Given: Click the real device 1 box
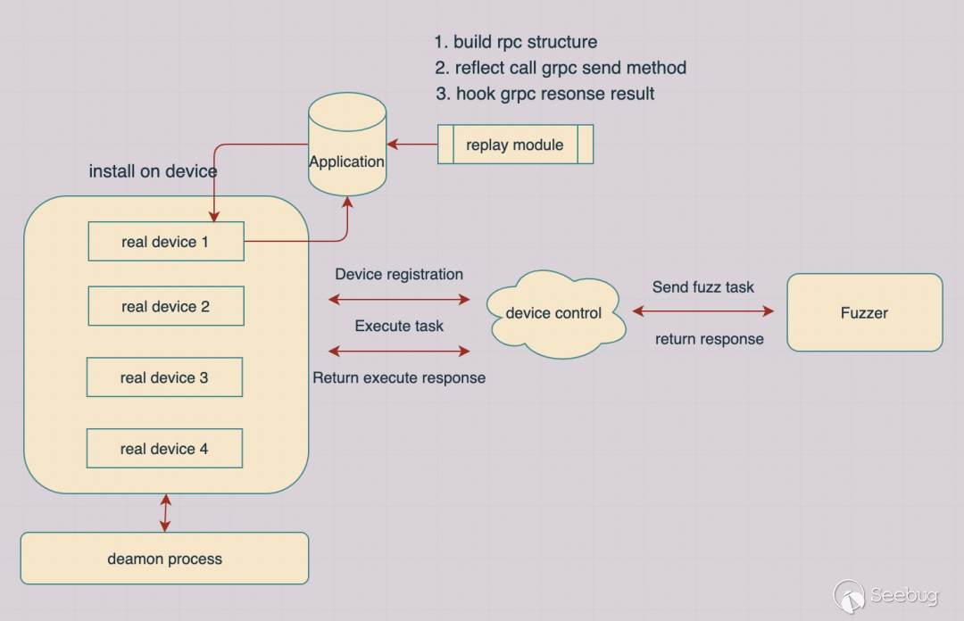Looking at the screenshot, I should (166, 242).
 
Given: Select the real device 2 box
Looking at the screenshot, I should (166, 306).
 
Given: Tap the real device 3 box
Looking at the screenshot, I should (164, 377).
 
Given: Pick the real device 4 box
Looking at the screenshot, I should (164, 449).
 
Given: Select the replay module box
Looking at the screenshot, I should (515, 145).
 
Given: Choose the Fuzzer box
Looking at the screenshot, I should (864, 312).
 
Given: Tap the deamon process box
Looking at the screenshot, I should (164, 559).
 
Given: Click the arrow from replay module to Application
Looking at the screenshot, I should (411, 144).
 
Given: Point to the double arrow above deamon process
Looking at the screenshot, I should (165, 513).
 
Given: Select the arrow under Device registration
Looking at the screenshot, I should (399, 299).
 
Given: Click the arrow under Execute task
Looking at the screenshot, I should (399, 350).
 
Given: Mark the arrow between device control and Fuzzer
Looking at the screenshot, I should (703, 311).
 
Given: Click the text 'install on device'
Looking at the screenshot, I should (153, 171).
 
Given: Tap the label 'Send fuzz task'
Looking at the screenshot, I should (703, 287).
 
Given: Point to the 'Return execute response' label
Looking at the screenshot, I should (399, 377).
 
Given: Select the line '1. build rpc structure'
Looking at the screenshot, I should (516, 42).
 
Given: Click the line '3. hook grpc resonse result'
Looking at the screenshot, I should (545, 94).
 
